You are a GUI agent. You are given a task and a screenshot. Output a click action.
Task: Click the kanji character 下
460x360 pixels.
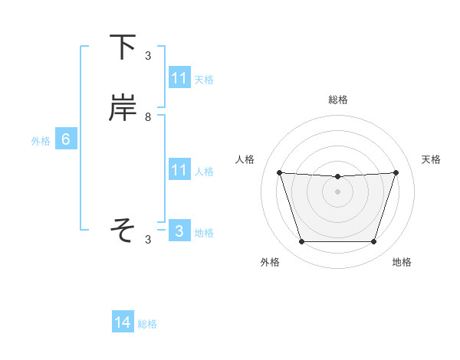coord(123,47)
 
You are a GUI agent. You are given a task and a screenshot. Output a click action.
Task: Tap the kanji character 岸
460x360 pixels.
coord(123,109)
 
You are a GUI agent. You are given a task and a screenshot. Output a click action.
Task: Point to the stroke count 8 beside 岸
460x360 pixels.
coord(147,117)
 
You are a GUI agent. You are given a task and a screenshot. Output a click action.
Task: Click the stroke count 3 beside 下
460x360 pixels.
coord(147,56)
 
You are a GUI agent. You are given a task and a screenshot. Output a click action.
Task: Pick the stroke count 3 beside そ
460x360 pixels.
coord(147,240)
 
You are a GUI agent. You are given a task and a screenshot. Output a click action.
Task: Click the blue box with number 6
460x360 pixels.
coord(66,139)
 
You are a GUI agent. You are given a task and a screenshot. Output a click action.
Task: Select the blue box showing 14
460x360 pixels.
coord(123,323)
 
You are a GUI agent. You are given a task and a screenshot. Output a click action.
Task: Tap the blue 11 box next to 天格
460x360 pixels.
coord(179,78)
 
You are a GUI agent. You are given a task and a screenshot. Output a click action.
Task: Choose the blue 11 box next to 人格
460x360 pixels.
coord(179,170)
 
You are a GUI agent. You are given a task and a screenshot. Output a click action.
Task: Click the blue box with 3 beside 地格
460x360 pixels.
coord(179,231)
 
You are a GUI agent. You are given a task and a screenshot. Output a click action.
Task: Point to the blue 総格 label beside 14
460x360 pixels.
coord(147,325)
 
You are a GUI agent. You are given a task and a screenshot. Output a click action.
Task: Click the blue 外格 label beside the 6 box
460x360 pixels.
coord(41,141)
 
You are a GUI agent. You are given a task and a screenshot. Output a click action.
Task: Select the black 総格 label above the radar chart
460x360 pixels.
coord(337,100)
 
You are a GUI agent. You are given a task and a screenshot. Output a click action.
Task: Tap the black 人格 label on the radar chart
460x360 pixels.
coord(245,159)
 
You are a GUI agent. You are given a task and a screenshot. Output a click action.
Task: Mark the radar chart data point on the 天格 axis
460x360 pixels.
coord(396,172)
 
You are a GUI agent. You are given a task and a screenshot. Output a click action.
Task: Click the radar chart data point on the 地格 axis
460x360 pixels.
coord(373,242)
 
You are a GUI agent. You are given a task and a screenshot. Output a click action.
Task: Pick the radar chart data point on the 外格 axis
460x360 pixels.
coord(301,242)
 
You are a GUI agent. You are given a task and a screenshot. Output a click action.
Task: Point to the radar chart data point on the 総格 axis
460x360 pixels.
coord(337,177)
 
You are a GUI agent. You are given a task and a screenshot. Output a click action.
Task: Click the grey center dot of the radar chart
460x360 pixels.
coord(337,191)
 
